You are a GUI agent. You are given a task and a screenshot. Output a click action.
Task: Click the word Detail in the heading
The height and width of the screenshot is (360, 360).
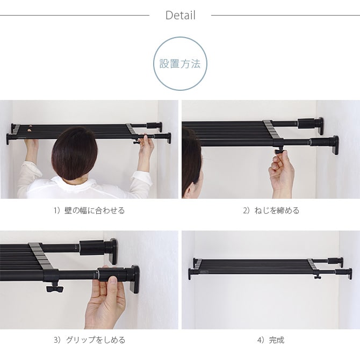coord(180,15)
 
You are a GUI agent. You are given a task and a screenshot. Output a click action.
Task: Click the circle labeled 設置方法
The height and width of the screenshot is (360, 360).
coord(180,63)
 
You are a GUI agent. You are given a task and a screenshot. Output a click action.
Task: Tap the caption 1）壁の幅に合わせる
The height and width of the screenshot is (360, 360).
coord(89,211)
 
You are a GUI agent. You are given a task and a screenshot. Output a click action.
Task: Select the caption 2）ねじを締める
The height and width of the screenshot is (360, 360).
coord(271,211)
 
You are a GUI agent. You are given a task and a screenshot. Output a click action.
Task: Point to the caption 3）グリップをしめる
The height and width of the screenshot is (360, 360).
coord(89,340)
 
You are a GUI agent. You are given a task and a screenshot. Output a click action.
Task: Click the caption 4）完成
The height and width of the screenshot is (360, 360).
coord(271,340)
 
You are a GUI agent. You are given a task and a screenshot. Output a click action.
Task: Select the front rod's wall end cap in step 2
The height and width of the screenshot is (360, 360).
coord(335,144)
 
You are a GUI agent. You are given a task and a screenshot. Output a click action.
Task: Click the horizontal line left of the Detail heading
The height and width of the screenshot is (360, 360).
coord(75,15)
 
